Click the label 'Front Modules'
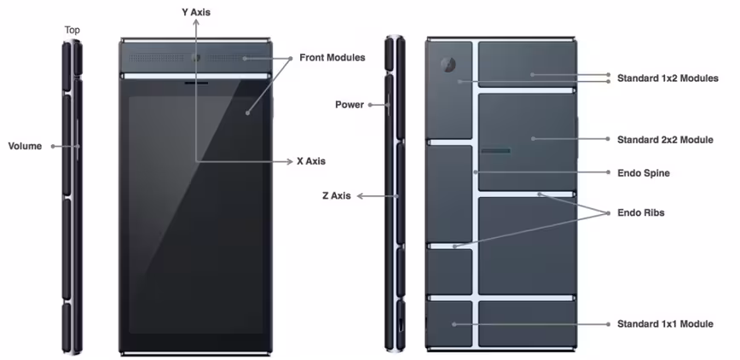click(332, 58)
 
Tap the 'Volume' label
click(25, 146)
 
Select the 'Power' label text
click(350, 104)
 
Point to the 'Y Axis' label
click(196, 12)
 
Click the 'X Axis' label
click(311, 161)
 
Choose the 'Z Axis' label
click(337, 195)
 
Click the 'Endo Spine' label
click(644, 173)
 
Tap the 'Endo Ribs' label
click(641, 212)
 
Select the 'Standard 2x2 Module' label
click(665, 139)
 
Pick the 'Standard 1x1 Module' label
click(665, 323)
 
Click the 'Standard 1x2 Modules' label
click(668, 78)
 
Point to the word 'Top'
click(72, 30)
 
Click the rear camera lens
click(448, 65)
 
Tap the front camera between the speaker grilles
click(196, 58)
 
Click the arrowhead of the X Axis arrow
click(290, 161)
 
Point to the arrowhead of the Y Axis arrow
click(196, 23)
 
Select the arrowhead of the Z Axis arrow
click(360, 195)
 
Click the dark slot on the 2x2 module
click(495, 151)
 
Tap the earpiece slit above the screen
click(196, 83)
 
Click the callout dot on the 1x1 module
click(454, 324)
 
